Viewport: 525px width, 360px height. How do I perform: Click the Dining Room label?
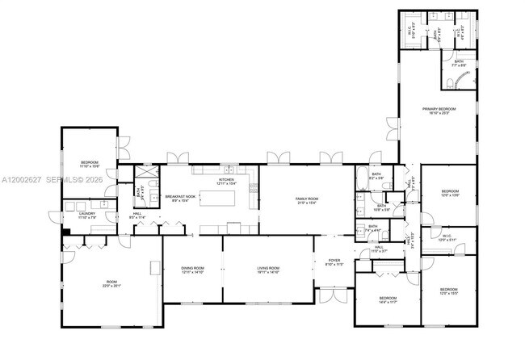click(x=192, y=270)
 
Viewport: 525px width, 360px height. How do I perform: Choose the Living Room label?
click(x=267, y=270)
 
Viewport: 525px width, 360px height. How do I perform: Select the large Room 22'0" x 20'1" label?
click(x=109, y=284)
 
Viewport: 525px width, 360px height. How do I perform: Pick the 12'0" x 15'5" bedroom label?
click(x=448, y=291)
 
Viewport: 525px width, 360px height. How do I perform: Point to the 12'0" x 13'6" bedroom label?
click(x=448, y=193)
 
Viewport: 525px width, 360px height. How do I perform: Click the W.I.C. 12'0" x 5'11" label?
click(x=448, y=238)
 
